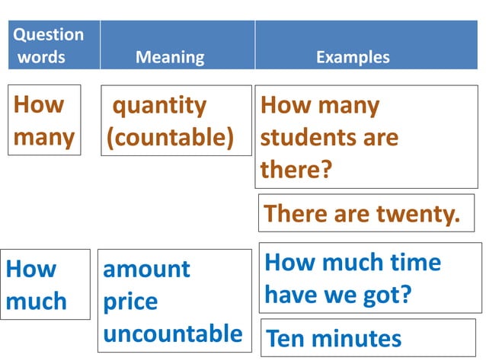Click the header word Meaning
point(170,57)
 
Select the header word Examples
point(353,57)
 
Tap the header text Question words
point(49,46)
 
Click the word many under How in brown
point(44,137)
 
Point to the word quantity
point(159,105)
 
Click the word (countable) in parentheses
point(170,138)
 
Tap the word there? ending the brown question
point(296,169)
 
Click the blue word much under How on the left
point(36,302)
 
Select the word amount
point(146,269)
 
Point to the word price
point(130,302)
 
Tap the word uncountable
point(173,334)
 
